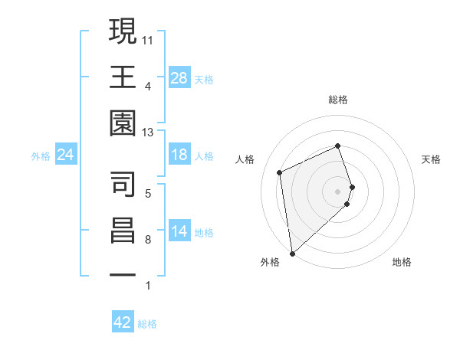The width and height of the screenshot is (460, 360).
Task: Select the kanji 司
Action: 123,183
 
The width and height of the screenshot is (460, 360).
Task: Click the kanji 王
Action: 123,78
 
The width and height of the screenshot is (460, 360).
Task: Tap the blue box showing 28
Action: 179,78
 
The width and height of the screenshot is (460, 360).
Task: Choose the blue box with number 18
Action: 179,155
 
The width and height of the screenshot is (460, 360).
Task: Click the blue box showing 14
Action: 179,232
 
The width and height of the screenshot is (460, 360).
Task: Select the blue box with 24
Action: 66,155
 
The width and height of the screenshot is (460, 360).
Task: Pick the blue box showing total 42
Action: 123,322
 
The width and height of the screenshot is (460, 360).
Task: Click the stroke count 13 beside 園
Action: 148,133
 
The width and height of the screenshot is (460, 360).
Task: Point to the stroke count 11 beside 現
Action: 148,39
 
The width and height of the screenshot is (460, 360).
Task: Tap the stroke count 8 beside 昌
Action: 148,239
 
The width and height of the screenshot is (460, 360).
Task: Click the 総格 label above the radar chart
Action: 338,100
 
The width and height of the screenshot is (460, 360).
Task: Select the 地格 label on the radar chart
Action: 402,262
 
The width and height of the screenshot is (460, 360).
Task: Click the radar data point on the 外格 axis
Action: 292,253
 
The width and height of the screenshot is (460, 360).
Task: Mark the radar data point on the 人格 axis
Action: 280,172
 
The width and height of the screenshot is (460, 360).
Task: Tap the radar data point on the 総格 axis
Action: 338,146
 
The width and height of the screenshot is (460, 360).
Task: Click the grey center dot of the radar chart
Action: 338,191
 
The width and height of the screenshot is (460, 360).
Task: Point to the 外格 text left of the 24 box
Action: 41,156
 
